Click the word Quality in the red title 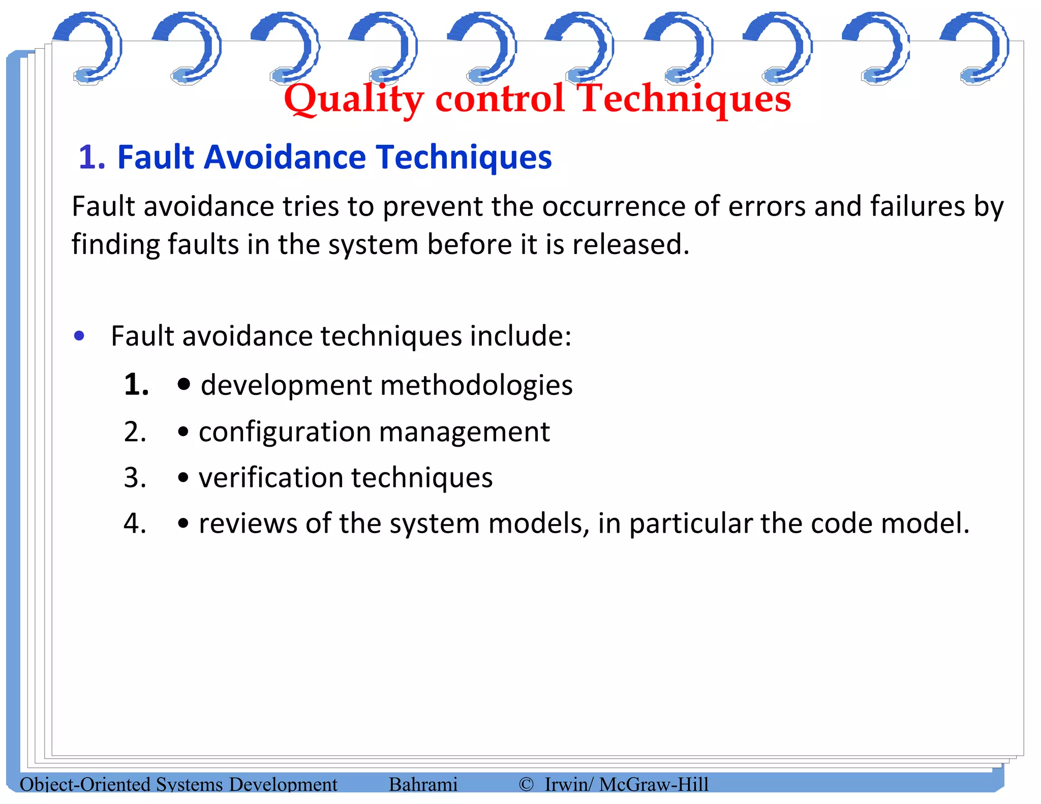(353, 100)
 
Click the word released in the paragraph (630, 244)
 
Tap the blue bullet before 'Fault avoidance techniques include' (79, 336)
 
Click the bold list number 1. (136, 384)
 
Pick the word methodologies (476, 385)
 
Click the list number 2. (135, 432)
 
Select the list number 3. (135, 478)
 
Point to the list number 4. (135, 523)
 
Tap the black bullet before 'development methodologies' (184, 385)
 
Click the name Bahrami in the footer (423, 784)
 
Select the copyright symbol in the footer (526, 784)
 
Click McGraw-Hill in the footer (654, 784)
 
